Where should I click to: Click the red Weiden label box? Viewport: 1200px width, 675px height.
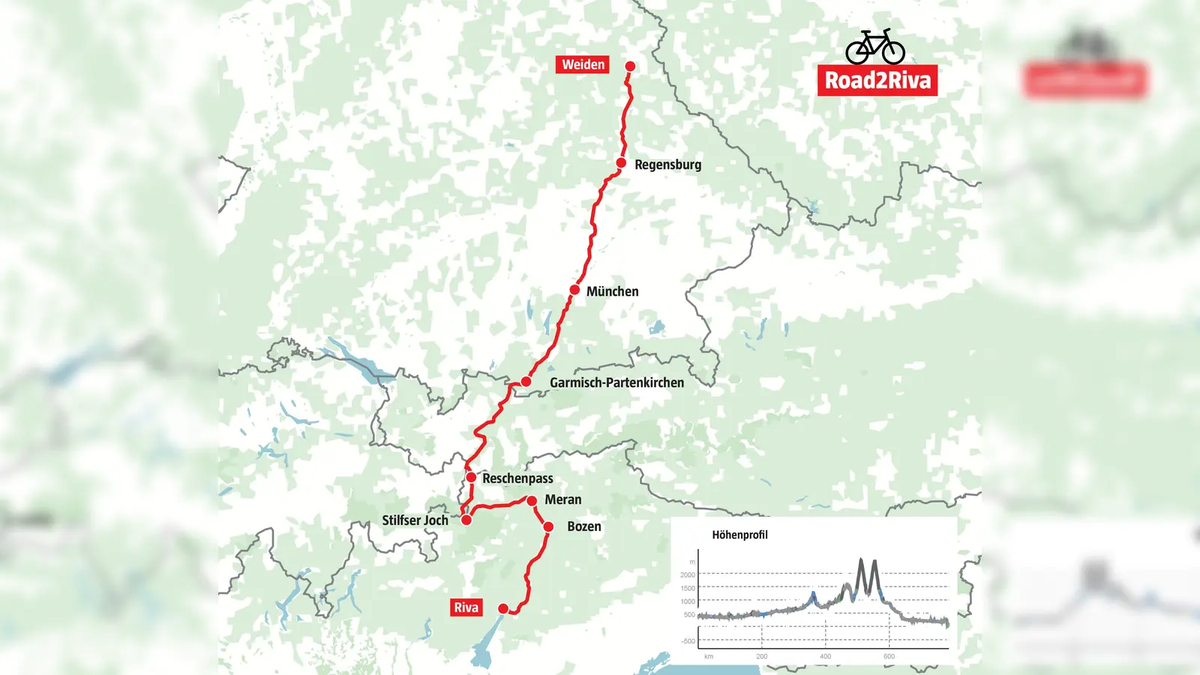[x=583, y=64]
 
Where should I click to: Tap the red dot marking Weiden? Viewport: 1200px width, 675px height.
[x=630, y=66]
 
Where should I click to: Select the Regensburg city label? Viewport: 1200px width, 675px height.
[x=667, y=165]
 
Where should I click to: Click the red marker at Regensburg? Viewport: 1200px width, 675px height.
[x=621, y=163]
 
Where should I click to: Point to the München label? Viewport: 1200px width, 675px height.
[x=612, y=292]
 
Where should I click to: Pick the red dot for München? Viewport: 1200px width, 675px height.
[x=574, y=289]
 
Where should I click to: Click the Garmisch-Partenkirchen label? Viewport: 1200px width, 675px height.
[x=616, y=382]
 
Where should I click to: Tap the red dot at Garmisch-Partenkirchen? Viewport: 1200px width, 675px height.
[x=526, y=382]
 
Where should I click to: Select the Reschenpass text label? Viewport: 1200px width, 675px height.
[x=517, y=478]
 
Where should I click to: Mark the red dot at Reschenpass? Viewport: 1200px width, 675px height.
[x=471, y=477]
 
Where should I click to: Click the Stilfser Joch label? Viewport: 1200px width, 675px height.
[x=415, y=520]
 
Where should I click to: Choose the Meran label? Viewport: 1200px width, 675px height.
[x=562, y=499]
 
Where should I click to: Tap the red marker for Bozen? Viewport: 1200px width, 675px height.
[x=548, y=526]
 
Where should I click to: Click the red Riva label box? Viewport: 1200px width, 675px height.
[x=466, y=607]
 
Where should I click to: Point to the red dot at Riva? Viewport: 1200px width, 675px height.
[x=503, y=608]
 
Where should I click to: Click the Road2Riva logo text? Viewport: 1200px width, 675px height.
[x=877, y=80]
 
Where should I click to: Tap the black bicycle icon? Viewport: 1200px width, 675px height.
[x=874, y=46]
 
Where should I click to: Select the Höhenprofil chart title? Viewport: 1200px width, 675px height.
[x=739, y=535]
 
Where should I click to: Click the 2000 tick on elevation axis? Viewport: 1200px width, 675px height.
[x=687, y=574]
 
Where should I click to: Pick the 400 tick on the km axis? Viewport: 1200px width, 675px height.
[x=825, y=656]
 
